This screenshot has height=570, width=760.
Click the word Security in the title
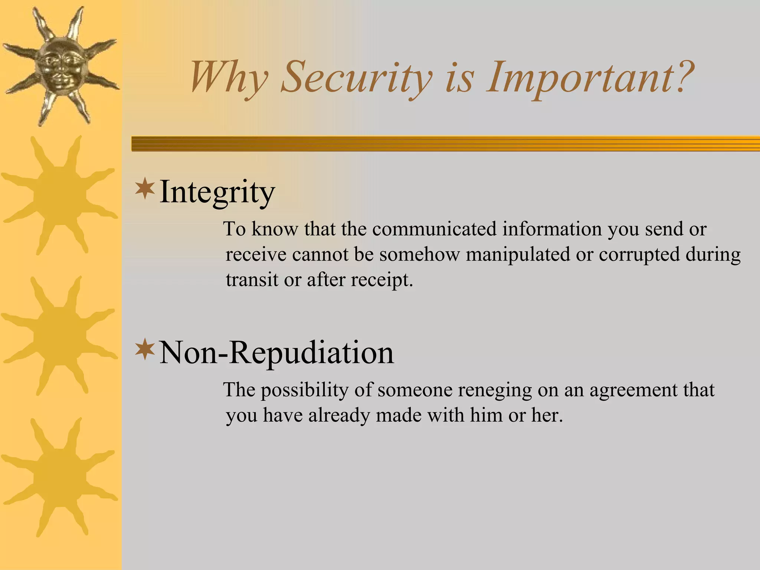coord(356,78)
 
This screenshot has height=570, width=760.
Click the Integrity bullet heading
coord(217,192)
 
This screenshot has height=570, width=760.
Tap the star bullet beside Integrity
coord(145,189)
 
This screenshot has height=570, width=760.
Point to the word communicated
coord(434,229)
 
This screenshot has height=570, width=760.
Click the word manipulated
coord(518,255)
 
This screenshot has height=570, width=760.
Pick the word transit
coord(252,279)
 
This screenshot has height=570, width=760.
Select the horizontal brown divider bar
coord(445,144)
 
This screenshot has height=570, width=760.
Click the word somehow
coord(419,255)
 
